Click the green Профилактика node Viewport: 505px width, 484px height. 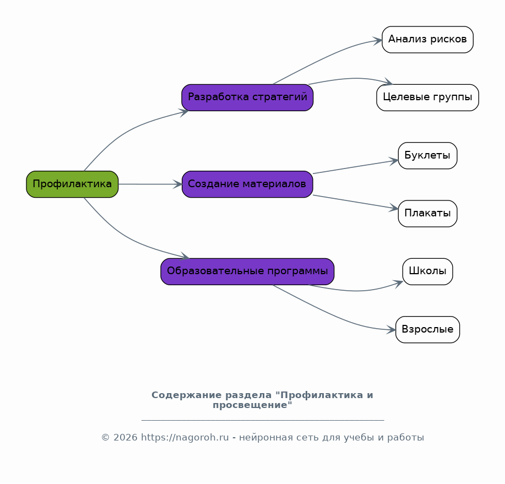click(72, 184)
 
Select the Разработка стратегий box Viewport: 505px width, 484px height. click(247, 97)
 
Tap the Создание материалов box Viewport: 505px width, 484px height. click(247, 184)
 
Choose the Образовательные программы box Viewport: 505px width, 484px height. click(247, 271)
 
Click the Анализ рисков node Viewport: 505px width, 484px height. click(427, 40)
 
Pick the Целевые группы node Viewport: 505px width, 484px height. click(427, 97)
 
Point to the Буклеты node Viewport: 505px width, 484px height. click(427, 155)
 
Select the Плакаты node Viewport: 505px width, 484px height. click(427, 214)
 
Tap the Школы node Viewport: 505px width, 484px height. click(427, 271)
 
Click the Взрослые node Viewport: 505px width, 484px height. click(427, 329)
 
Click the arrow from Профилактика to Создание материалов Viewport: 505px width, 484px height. click(150, 184)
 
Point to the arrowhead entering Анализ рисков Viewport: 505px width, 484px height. click(377, 41)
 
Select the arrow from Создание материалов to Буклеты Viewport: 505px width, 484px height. click(356, 167)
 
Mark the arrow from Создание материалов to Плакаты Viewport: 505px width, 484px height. click(356, 202)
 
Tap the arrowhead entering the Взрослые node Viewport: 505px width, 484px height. click(391, 330)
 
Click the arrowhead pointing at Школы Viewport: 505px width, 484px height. click(399, 284)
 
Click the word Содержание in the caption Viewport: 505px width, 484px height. click(187, 395)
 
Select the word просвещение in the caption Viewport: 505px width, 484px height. click(249, 405)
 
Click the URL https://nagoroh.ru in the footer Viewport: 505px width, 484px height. click(185, 438)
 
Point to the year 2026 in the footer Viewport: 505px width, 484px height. click(125, 438)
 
